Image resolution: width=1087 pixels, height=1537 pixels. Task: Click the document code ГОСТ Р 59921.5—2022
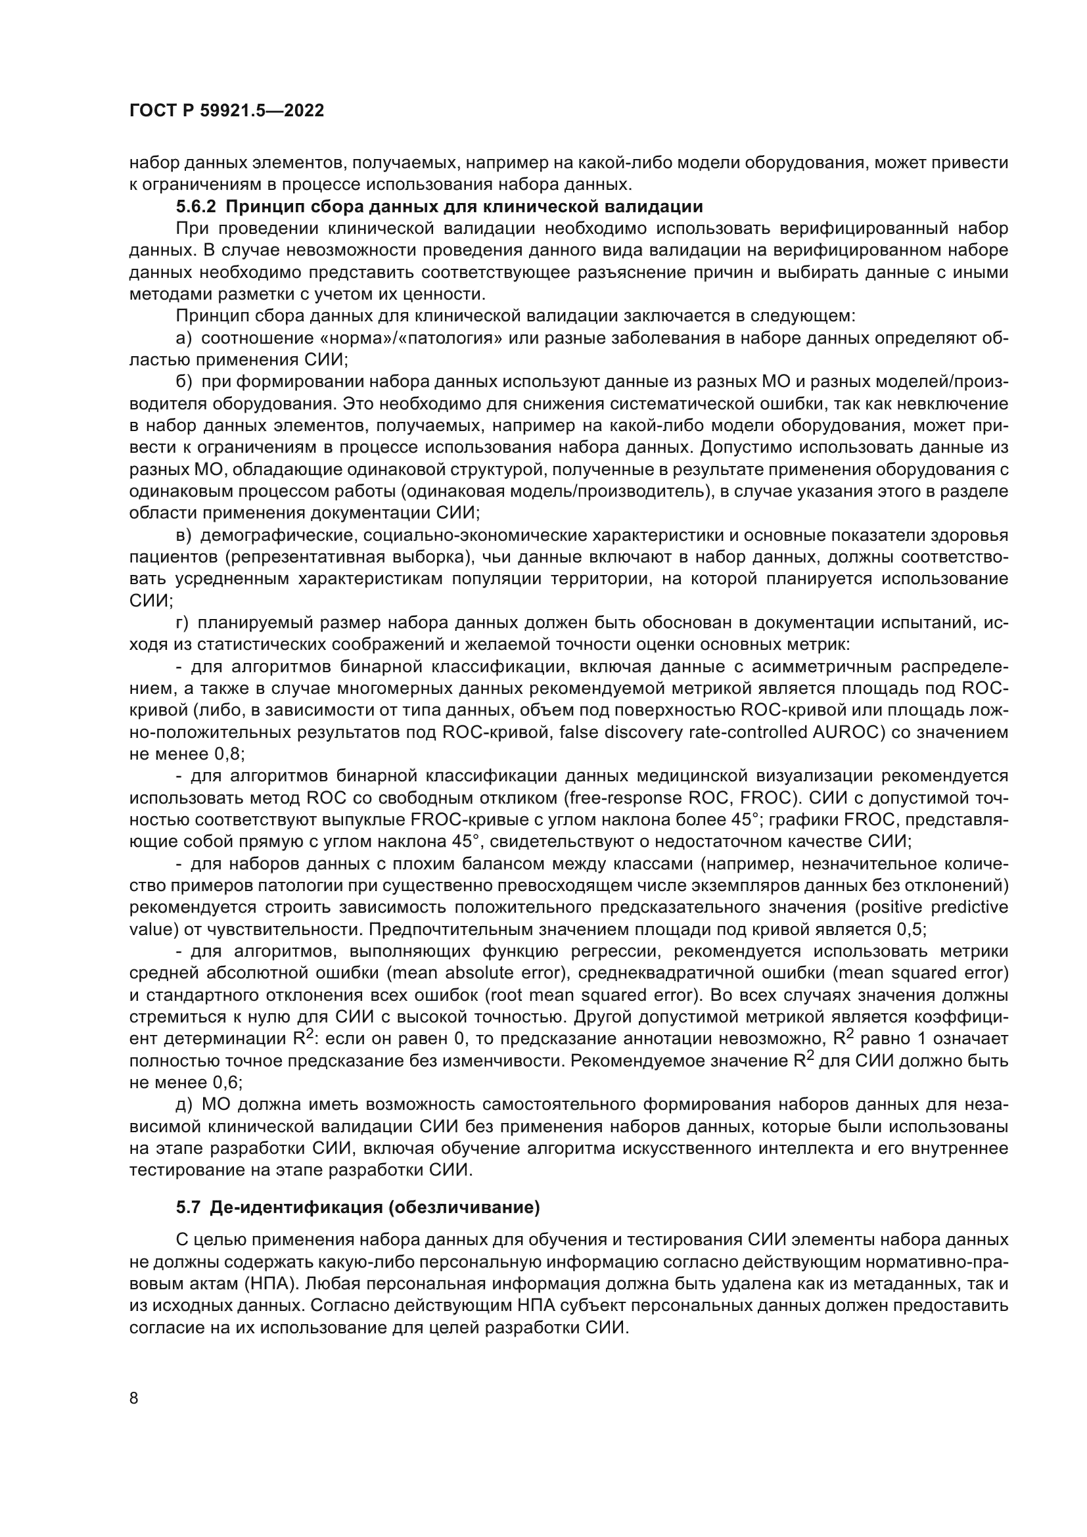(x=226, y=111)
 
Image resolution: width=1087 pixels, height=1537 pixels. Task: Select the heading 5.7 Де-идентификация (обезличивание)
(x=358, y=1207)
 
